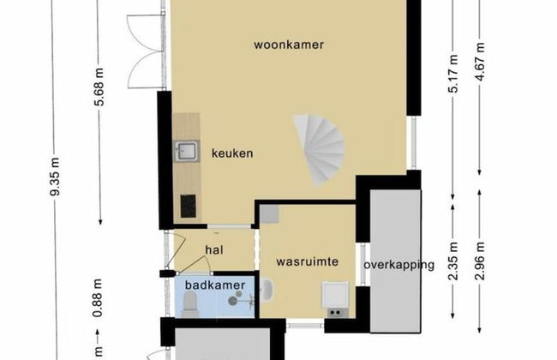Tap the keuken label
click(x=232, y=153)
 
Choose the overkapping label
click(x=398, y=265)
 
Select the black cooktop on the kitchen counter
click(x=187, y=206)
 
